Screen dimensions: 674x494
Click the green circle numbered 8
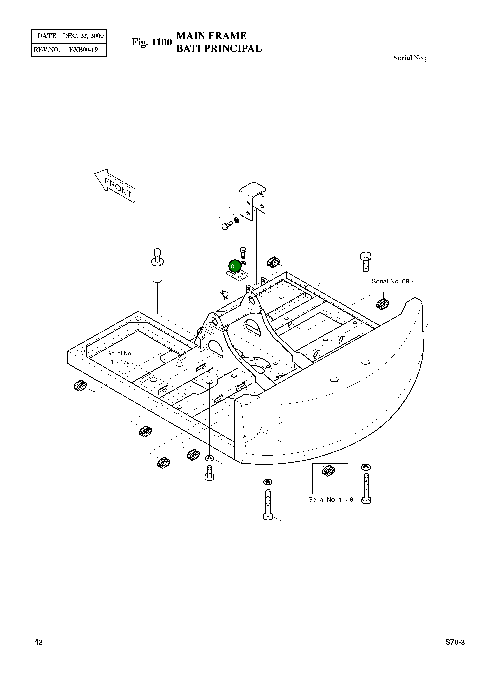[234, 266]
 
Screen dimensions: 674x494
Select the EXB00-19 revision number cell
[84, 50]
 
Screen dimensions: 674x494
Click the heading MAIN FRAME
[211, 36]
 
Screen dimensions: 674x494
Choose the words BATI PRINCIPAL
[219, 48]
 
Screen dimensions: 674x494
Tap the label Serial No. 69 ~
[393, 281]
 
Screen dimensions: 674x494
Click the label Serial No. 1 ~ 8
[331, 499]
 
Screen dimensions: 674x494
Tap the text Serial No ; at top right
[410, 58]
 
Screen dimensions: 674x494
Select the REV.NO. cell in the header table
[47, 50]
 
